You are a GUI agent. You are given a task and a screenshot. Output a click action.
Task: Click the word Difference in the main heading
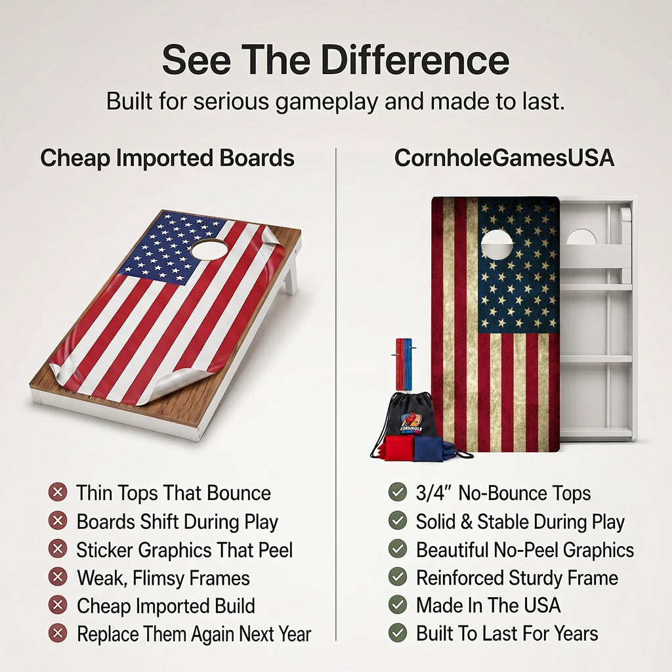(x=415, y=60)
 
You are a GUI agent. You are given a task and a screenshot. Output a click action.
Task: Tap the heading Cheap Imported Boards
(x=167, y=158)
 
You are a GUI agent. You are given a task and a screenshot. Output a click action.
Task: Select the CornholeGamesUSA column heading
(x=504, y=157)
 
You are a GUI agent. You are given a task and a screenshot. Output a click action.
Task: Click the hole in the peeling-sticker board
(x=209, y=249)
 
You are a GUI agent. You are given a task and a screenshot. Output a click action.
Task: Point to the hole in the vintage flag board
(x=497, y=245)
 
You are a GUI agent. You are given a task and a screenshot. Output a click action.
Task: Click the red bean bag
(x=399, y=448)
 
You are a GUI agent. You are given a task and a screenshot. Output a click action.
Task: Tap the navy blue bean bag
(x=429, y=449)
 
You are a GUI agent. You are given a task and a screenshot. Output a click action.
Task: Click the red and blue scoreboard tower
(x=404, y=364)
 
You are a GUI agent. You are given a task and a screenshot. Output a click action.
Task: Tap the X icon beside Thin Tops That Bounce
(x=58, y=492)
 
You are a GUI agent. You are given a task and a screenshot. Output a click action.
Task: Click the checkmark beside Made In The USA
(x=398, y=604)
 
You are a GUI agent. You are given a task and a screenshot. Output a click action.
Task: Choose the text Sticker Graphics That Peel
(x=184, y=551)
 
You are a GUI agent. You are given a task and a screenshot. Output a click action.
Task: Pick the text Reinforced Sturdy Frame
(x=517, y=578)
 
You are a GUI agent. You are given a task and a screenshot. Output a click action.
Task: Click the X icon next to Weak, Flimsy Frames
(x=58, y=577)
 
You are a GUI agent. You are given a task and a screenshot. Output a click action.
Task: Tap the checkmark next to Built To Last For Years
(x=398, y=633)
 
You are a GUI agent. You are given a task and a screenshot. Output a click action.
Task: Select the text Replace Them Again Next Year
(x=194, y=635)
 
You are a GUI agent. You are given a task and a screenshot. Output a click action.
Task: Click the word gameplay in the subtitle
(x=327, y=102)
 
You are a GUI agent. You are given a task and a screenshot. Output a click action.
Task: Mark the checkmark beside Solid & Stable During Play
(x=398, y=520)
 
